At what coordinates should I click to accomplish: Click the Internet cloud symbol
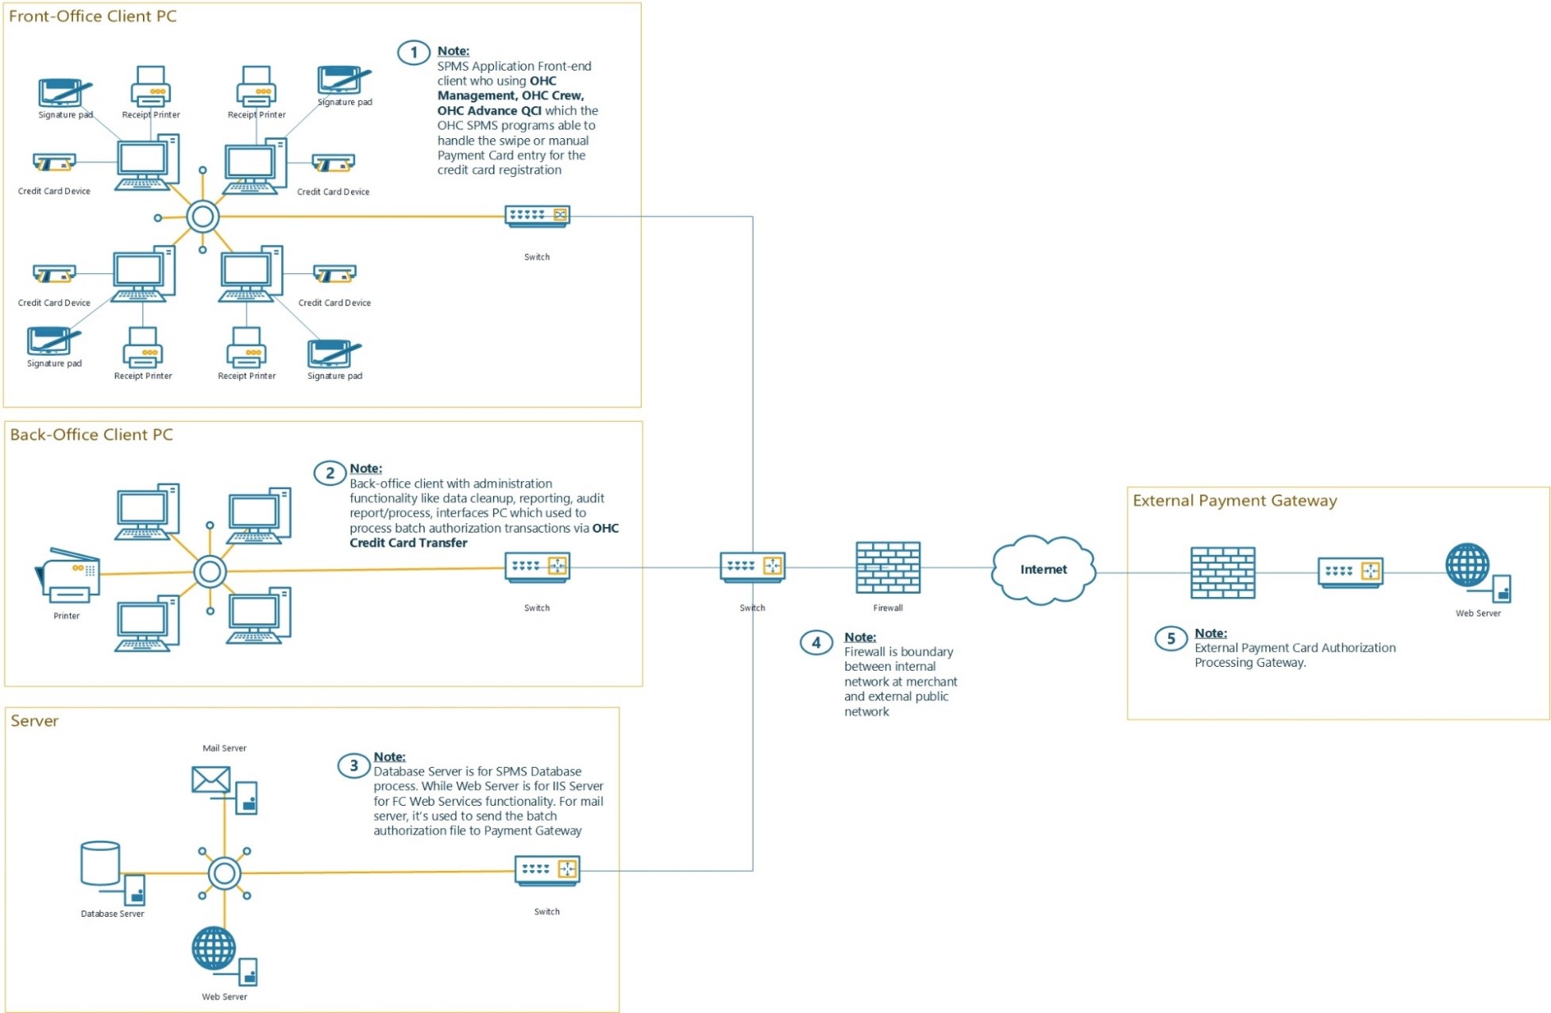pos(1043,569)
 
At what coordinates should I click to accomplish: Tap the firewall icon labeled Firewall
pos(887,567)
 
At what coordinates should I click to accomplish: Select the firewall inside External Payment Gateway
pos(1222,572)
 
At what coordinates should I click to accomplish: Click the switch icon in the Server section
pos(547,870)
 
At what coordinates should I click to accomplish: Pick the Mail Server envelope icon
pos(211,780)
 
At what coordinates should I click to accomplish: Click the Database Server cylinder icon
pos(101,864)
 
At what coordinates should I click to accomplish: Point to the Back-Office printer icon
pos(68,575)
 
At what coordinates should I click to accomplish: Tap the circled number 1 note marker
pos(413,53)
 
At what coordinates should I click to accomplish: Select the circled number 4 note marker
pos(816,642)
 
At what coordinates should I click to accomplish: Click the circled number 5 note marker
pos(1170,638)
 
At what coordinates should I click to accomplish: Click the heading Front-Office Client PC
pos(93,16)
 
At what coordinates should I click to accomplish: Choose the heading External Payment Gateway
pos(1234,500)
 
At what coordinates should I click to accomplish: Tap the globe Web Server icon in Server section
pos(214,949)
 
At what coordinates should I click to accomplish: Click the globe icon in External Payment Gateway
pos(1467,564)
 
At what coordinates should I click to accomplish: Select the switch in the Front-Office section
pos(537,216)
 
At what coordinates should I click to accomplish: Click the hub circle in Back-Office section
pos(210,572)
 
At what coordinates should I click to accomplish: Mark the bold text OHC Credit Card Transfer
pos(408,543)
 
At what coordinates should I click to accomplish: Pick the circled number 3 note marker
pos(353,765)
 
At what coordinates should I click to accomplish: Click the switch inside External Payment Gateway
pos(1350,572)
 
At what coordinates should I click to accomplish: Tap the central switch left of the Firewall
pos(752,567)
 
